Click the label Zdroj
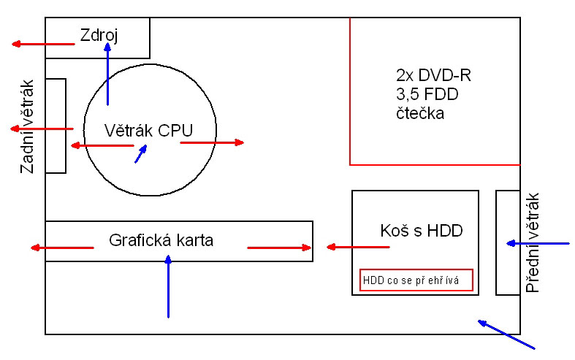pyautogui.click(x=99, y=34)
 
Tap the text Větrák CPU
pyautogui.click(x=148, y=131)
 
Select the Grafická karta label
pyautogui.click(x=161, y=239)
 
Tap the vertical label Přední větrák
pyautogui.click(x=532, y=242)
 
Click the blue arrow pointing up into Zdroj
pyautogui.click(x=107, y=73)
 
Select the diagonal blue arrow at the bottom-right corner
pyautogui.click(x=506, y=333)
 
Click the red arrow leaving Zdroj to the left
pyautogui.click(x=43, y=45)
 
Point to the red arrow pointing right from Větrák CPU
pyautogui.click(x=212, y=142)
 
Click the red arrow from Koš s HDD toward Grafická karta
pyautogui.click(x=357, y=247)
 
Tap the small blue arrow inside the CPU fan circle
pyautogui.click(x=141, y=153)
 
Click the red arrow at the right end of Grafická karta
pyautogui.click(x=279, y=248)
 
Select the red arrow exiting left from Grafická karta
pyautogui.click(x=62, y=248)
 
